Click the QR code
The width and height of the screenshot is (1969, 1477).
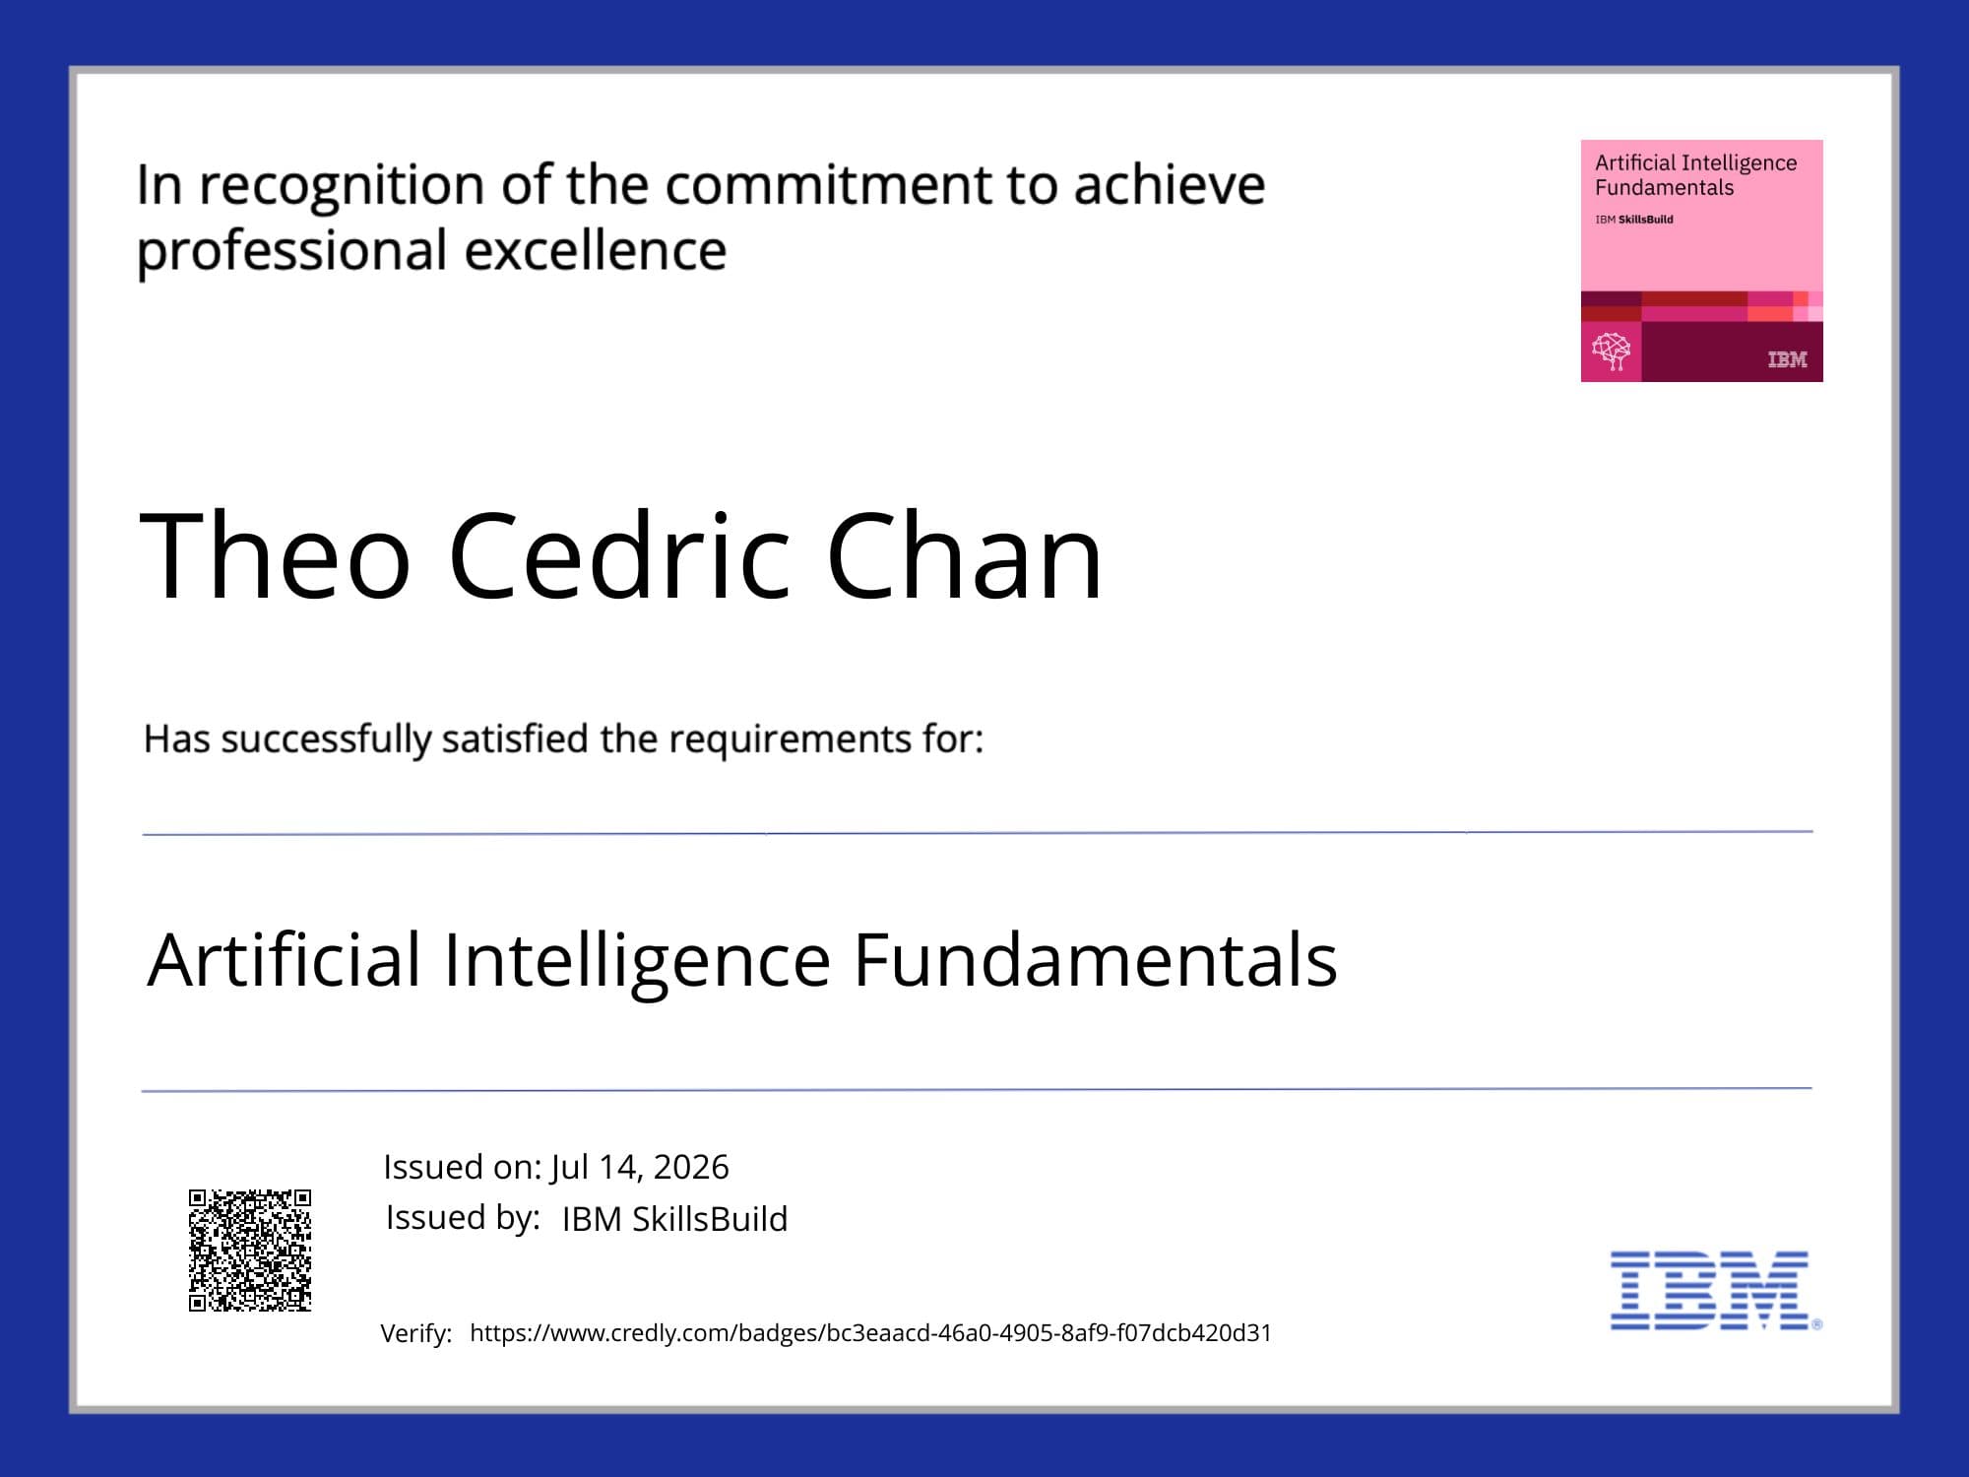point(250,1251)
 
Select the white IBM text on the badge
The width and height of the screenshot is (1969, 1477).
point(1787,359)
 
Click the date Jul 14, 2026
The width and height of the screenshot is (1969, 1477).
point(640,1167)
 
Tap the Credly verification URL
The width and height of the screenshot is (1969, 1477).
point(870,1332)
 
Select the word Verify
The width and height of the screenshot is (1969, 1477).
point(416,1333)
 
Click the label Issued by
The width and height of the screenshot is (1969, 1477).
point(463,1218)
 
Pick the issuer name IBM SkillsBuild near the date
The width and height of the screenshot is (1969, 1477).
point(674,1219)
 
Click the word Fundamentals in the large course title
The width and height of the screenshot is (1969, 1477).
point(1095,959)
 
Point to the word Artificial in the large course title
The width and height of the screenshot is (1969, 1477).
point(285,959)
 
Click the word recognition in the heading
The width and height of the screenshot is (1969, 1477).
point(342,187)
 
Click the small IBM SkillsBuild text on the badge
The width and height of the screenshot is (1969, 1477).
point(1634,220)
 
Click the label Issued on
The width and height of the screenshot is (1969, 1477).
point(463,1167)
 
